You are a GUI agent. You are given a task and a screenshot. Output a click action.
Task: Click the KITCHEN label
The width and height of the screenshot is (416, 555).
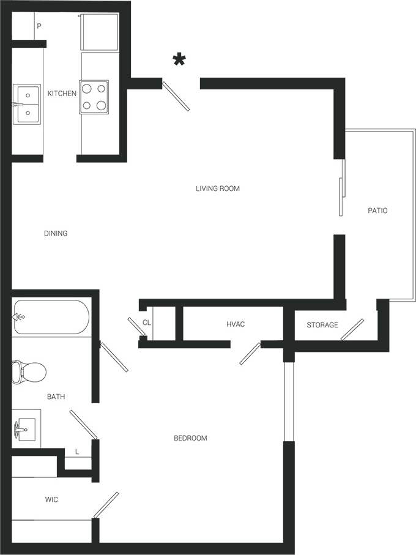point(62,94)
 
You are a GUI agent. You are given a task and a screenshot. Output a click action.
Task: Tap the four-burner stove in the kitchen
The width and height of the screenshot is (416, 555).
point(94,97)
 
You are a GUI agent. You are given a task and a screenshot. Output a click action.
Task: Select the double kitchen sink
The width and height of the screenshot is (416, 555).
point(27,103)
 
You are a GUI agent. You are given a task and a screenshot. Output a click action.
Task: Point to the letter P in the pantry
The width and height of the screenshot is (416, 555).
point(39,26)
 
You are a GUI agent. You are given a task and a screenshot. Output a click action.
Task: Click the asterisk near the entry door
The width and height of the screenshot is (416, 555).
point(179,60)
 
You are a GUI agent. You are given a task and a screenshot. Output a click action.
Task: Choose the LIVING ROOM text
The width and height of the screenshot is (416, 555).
point(217,188)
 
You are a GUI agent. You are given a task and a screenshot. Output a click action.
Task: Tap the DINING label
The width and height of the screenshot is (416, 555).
point(56,233)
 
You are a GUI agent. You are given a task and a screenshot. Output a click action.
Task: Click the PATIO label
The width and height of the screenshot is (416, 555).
point(377,210)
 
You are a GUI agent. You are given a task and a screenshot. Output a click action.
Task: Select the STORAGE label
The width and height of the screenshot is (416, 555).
point(322,325)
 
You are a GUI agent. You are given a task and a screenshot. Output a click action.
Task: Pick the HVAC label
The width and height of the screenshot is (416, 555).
point(236,324)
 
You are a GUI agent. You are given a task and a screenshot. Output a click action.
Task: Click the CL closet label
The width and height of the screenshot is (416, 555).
point(146,322)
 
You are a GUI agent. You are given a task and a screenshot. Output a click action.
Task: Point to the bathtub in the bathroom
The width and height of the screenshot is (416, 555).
point(51,317)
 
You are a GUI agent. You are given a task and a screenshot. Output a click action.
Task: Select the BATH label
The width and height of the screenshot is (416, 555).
point(56,397)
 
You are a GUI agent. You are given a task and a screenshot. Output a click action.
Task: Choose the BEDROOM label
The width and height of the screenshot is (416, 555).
point(190,438)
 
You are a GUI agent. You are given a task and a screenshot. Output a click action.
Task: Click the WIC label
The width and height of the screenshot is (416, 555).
point(51,500)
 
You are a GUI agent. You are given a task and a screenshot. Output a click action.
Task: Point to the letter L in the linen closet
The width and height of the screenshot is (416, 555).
point(76,452)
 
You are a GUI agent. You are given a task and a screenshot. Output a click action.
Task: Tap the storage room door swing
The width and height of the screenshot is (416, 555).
point(352,329)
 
